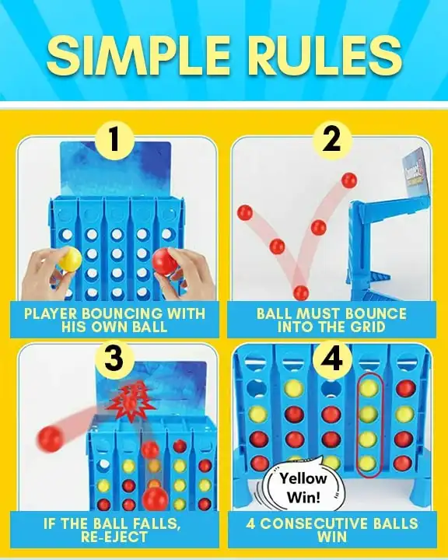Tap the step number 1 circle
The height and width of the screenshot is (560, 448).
(x=114, y=140)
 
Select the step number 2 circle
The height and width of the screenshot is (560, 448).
(x=332, y=140)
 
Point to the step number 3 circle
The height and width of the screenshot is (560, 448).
(x=114, y=358)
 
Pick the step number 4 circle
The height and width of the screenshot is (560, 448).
(x=332, y=358)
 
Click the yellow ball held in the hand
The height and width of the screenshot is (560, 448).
(x=70, y=258)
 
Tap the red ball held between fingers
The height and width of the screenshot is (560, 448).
(x=165, y=261)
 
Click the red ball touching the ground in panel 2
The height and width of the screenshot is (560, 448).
(x=301, y=292)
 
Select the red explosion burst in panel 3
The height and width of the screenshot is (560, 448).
(x=131, y=401)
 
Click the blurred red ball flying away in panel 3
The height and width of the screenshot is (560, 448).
(x=50, y=438)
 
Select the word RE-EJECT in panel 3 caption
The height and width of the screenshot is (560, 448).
(x=114, y=537)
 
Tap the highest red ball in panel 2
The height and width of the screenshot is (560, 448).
(x=349, y=180)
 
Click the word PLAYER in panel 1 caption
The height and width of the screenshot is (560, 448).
(x=51, y=313)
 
